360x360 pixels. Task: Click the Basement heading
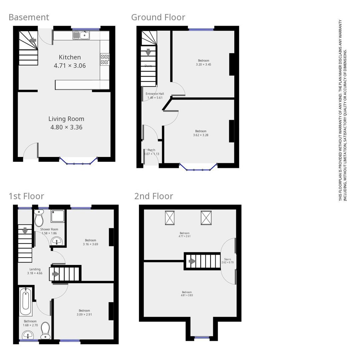pyautogui.click(x=29, y=17)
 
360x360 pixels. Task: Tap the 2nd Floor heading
pyautogui.click(x=154, y=196)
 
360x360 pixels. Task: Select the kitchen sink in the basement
pyautogui.click(x=81, y=35)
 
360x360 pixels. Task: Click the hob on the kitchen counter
pyautogui.click(x=104, y=59)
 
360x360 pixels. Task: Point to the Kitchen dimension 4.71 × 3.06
pyautogui.click(x=70, y=66)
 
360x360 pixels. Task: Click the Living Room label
pyautogui.click(x=66, y=119)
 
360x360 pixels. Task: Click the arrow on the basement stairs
pyautogui.click(x=33, y=40)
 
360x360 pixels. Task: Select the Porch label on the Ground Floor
pyautogui.click(x=151, y=150)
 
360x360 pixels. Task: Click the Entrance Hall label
pyautogui.click(x=155, y=94)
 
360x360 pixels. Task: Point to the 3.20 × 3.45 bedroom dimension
pyautogui.click(x=203, y=64)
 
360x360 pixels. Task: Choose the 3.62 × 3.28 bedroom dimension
pyautogui.click(x=201, y=135)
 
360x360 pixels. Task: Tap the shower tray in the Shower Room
pyautogui.click(x=58, y=216)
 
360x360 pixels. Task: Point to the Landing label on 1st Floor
pyautogui.click(x=35, y=269)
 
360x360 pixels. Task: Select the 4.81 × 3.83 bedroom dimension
pyautogui.click(x=187, y=295)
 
